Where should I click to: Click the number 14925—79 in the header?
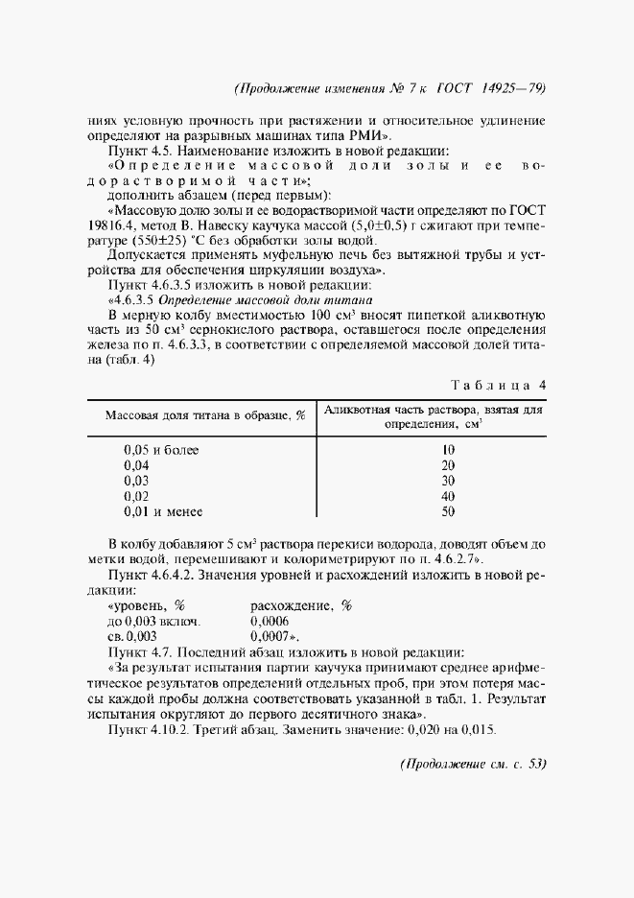pyautogui.click(x=509, y=88)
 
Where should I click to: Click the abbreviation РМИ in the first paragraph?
pyautogui.click(x=367, y=136)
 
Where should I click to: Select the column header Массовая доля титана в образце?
pyautogui.click(x=204, y=414)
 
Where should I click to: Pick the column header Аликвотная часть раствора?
pyautogui.click(x=433, y=409)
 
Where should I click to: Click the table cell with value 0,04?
pyautogui.click(x=138, y=464)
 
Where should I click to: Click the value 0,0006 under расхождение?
pyautogui.click(x=270, y=621)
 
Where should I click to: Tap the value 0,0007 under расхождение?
pyautogui.click(x=270, y=635)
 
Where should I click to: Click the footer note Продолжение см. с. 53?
pyautogui.click(x=471, y=765)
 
